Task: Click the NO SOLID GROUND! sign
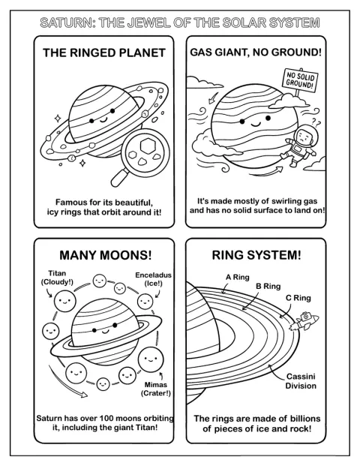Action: click(300, 81)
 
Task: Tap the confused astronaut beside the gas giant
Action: click(298, 146)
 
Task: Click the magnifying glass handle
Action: click(120, 176)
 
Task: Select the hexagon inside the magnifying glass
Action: click(147, 146)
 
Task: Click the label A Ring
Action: click(237, 278)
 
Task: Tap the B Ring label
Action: click(268, 287)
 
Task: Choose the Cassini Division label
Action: click(301, 381)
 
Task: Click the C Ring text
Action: click(298, 298)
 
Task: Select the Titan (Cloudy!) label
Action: click(57, 278)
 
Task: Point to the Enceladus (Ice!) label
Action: click(153, 279)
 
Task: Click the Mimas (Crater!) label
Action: click(156, 389)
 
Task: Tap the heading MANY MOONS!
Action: click(106, 255)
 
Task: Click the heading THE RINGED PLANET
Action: click(104, 53)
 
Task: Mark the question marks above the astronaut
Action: click(316, 122)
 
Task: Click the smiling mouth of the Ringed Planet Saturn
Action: click(103, 119)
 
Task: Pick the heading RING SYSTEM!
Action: click(256, 255)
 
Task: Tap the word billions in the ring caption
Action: click(304, 419)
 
